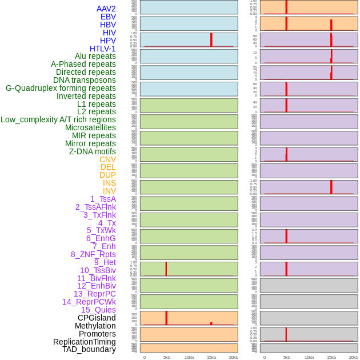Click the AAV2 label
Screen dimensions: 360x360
[106, 9]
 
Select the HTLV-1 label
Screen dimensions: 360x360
[102, 49]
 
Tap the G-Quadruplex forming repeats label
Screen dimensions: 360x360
[61, 88]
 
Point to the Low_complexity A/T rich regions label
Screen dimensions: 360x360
[58, 119]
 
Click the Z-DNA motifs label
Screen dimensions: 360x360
[93, 151]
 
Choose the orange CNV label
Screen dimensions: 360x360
[107, 159]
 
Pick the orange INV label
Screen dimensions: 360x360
[109, 191]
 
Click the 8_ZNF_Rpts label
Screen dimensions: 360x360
[93, 254]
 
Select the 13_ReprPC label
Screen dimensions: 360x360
[94, 294]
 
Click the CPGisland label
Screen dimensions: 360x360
[97, 318]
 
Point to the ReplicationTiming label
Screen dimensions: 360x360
[85, 342]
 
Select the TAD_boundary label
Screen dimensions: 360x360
[89, 349]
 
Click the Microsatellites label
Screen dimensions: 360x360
[90, 127]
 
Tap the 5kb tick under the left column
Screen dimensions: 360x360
[167, 357]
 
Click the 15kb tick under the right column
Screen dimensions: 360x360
[331, 357]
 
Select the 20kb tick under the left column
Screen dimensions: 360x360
[234, 357]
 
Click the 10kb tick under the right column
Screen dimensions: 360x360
[309, 357]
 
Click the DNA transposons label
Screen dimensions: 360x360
[85, 80]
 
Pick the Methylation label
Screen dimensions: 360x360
[95, 326]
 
